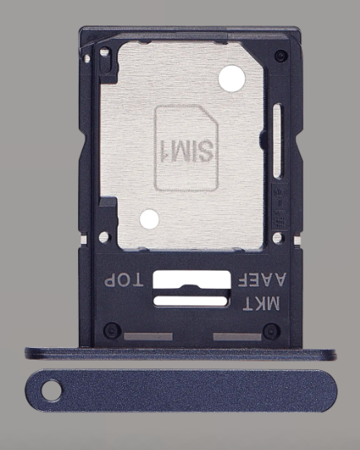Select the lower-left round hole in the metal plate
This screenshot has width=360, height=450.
pyautogui.click(x=149, y=219)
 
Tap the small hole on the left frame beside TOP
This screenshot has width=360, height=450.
pyautogui.click(x=105, y=238)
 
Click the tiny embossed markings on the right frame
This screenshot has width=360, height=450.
pyautogui.click(x=279, y=199)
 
